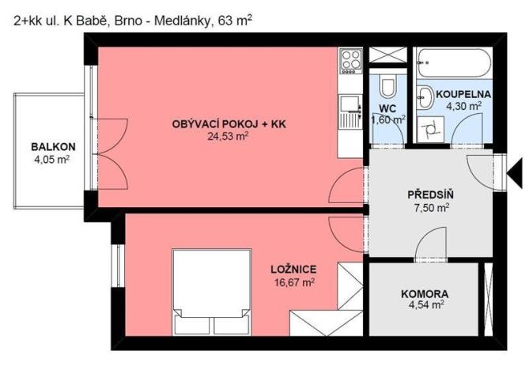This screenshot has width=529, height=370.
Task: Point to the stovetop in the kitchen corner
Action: (350, 60)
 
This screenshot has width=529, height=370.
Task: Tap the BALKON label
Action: (53, 146)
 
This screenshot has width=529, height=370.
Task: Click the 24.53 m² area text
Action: (229, 136)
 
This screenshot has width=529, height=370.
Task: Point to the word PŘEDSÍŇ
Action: (429, 194)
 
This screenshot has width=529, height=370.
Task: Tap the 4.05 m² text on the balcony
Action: (53, 159)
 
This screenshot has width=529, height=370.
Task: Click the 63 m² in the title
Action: (234, 21)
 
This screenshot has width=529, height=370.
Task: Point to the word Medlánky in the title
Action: (180, 21)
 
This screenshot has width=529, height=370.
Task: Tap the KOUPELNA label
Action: (463, 93)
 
